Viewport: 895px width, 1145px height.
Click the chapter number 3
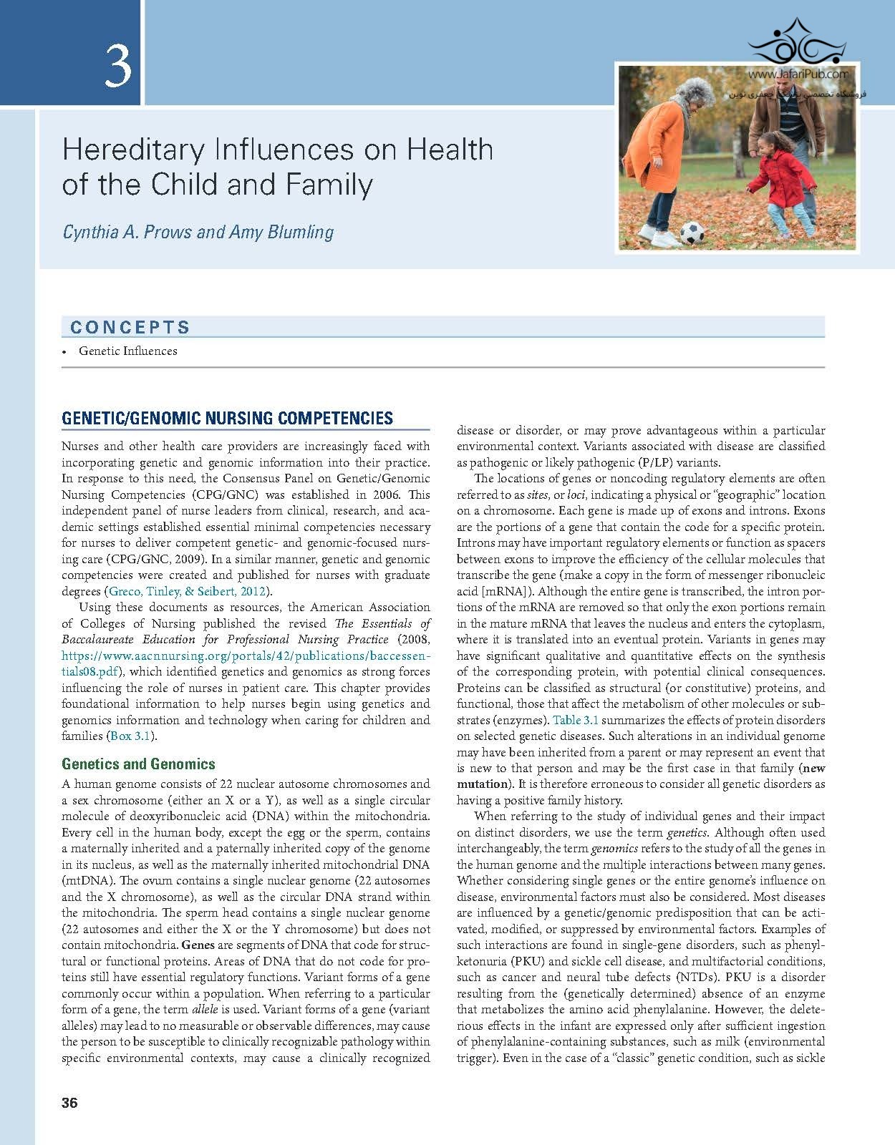(118, 65)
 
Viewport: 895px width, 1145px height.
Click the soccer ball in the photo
(692, 232)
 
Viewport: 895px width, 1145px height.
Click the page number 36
(69, 1103)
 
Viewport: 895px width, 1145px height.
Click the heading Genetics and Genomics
(138, 764)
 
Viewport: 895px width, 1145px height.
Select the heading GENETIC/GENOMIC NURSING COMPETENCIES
(227, 419)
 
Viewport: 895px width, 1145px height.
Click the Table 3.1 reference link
(575, 720)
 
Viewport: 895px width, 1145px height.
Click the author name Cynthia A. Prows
(127, 233)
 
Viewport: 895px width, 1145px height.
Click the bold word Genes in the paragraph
(198, 945)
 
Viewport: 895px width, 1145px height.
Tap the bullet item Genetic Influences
(128, 351)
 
